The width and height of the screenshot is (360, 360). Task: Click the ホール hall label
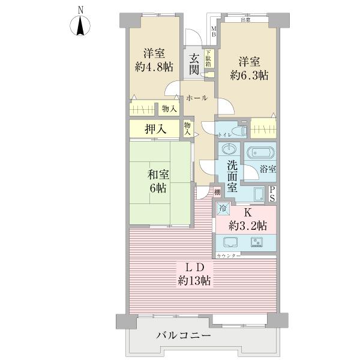(x=196, y=97)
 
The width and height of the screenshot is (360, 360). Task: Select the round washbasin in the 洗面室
(x=229, y=149)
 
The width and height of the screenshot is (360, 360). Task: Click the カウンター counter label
(x=228, y=256)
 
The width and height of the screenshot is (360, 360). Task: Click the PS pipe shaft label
(x=272, y=193)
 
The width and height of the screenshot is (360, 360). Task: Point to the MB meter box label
(x=213, y=31)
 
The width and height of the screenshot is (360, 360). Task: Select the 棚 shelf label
(x=217, y=192)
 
